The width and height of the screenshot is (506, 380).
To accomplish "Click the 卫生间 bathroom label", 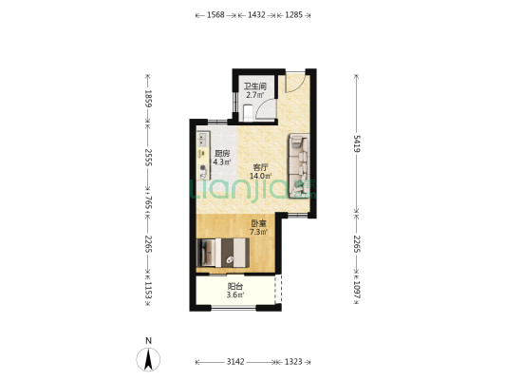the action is [x=255, y=86].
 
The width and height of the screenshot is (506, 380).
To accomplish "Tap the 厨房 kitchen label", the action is [x=222, y=153].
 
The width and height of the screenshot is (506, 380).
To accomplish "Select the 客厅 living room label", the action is [x=260, y=167].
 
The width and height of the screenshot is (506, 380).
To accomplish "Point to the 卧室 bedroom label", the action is [x=258, y=223].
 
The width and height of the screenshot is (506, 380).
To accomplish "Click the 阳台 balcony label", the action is [x=235, y=286].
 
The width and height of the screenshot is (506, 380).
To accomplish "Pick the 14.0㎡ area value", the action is [x=260, y=176].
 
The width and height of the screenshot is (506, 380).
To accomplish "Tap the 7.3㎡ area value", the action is [x=258, y=232].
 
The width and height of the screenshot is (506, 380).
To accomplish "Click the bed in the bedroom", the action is [x=223, y=253].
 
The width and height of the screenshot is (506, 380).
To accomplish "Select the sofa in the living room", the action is [x=299, y=165].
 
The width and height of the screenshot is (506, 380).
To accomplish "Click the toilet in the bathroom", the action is [x=248, y=112].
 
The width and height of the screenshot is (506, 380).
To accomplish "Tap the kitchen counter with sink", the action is [x=203, y=155].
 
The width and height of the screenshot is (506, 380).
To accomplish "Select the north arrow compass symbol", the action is [x=148, y=359].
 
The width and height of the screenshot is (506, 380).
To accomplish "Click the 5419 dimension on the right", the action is [x=357, y=143].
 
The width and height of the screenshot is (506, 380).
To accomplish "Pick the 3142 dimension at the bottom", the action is [x=235, y=362].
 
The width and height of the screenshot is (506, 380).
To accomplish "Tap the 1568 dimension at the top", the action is [x=216, y=15].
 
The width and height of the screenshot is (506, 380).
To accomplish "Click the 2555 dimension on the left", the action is [x=148, y=158].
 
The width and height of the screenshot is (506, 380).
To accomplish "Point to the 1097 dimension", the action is [x=357, y=290].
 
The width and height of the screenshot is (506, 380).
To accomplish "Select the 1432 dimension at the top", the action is [x=256, y=15].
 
